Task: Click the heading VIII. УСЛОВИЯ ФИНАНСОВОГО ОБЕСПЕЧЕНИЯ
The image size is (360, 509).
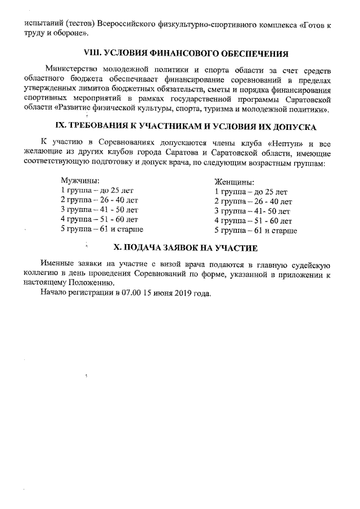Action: pyautogui.click(x=185, y=54)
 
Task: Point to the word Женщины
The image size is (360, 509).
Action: pyautogui.click(x=234, y=182)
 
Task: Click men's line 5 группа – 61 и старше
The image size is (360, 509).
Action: pyautogui.click(x=102, y=229)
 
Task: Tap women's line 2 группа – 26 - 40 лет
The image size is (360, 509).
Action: pyautogui.click(x=253, y=201)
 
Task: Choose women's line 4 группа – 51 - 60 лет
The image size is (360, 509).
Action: pyautogui.click(x=253, y=220)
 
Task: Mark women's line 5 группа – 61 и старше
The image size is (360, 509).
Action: pyautogui.click(x=256, y=230)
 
